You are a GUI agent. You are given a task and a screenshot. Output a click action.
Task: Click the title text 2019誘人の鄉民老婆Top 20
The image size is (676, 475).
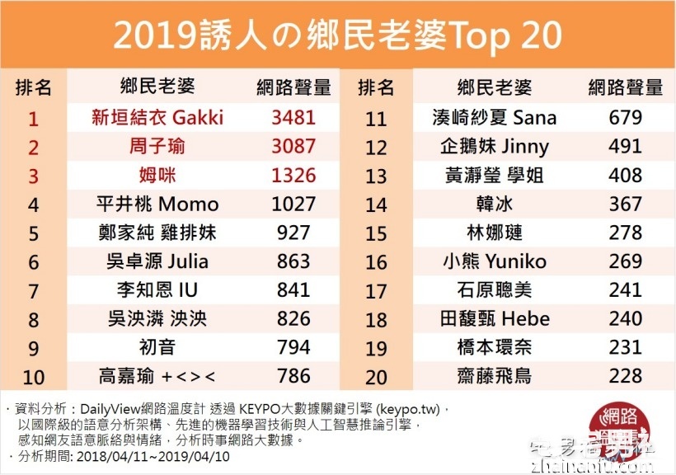click(x=337, y=35)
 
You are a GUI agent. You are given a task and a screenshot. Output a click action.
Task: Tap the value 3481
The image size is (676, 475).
click(x=293, y=117)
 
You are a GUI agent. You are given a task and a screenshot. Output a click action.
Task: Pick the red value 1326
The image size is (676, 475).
click(x=293, y=175)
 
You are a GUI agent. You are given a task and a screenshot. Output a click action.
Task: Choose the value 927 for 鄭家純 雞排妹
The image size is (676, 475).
click(x=293, y=233)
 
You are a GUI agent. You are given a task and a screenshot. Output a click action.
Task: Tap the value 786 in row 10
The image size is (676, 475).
click(x=293, y=376)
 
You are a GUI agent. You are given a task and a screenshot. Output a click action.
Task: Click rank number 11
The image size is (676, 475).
click(x=376, y=118)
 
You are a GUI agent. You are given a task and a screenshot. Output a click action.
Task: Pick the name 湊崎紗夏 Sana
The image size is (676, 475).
click(x=495, y=118)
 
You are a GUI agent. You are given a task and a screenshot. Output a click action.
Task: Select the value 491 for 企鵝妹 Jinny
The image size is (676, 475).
click(x=625, y=147)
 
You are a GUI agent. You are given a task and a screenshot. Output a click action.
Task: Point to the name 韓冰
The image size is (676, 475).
click(x=495, y=204)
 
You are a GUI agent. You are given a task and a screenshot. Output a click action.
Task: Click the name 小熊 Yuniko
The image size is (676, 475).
click(x=495, y=261)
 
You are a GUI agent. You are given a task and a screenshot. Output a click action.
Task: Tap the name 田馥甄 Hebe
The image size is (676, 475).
click(x=495, y=319)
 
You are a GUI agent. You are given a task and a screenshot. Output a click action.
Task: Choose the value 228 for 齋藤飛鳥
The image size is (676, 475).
click(x=625, y=376)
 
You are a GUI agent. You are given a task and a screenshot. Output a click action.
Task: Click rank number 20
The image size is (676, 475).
click(x=376, y=376)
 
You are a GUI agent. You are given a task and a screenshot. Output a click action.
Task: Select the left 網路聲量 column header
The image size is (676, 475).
click(x=293, y=87)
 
